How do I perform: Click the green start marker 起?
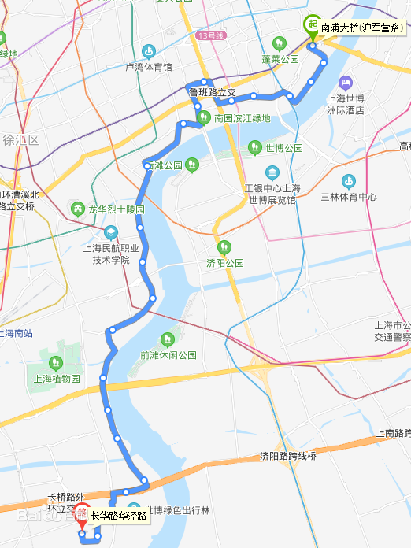click(x=313, y=25)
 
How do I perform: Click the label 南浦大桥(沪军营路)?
click(x=361, y=27)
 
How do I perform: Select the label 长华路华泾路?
click(x=118, y=517)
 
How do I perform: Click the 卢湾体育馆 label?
click(x=149, y=67)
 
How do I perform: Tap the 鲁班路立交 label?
click(x=212, y=92)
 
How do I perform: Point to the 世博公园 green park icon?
click(x=255, y=147)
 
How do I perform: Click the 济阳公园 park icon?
click(x=224, y=247)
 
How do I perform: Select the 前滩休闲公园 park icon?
click(x=167, y=339)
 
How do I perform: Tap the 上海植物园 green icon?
click(x=56, y=362)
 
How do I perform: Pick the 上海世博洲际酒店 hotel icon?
click(x=345, y=83)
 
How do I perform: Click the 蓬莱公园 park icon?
click(x=280, y=44)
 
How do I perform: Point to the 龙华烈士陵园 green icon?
click(x=77, y=209)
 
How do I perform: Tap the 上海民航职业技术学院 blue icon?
click(x=111, y=232)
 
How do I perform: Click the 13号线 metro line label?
click(x=213, y=35)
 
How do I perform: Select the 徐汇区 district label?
click(x=20, y=140)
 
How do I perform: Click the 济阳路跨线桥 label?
click(x=287, y=456)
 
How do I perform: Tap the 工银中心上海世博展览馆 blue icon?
click(x=272, y=172)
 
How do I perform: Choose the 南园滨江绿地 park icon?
click(x=203, y=118)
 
